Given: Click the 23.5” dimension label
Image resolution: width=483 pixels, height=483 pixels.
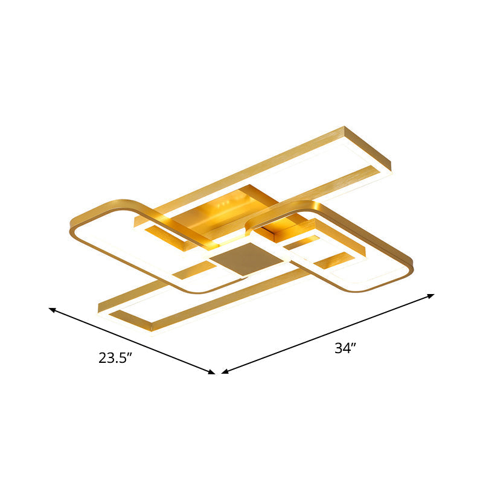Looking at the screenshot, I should pos(115,358).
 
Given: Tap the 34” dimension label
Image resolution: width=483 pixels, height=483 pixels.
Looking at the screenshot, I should pos(345,348).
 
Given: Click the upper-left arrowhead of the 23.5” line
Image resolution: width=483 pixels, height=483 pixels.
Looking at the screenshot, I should pos(51,310).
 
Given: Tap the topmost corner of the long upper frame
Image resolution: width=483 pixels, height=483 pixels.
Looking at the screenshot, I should pos(345,127).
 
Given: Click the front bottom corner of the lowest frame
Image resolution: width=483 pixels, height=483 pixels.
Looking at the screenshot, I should pos(152,329).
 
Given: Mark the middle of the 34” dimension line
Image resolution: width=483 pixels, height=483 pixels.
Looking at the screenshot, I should pos(328,334).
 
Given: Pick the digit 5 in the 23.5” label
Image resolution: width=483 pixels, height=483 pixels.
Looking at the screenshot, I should pos(123,358).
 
